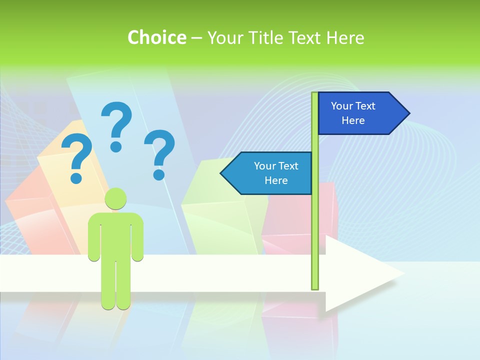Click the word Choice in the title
156,37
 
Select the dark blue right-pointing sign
360,113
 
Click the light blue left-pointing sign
270,173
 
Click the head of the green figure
115,198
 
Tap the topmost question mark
116,125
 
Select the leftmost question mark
76,157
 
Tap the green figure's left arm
94,237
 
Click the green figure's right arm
137,237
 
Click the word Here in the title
345,37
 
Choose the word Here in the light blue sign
276,180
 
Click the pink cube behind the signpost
327,210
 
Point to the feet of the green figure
115,303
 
